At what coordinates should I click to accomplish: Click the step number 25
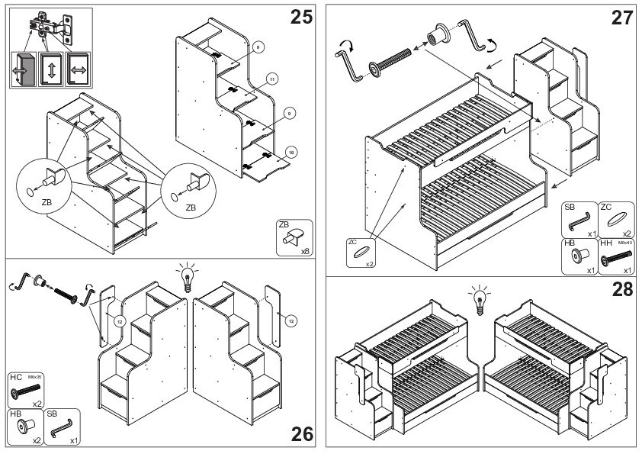coord(302,17)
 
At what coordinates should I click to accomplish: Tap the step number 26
coord(302,434)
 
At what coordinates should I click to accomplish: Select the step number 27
coord(621,18)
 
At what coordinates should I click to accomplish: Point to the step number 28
coord(621,289)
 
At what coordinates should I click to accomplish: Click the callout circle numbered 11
coord(271,77)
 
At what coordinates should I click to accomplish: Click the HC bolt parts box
coord(26,391)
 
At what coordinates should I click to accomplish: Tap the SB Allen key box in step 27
coord(579,220)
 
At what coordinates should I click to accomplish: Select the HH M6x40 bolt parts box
coord(617,256)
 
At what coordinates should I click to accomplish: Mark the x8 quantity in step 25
coord(304,250)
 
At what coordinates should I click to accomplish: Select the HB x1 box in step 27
coord(579,256)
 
